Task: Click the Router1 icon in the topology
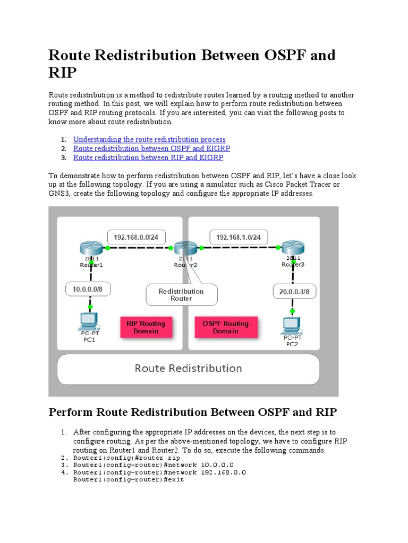pyautogui.click(x=91, y=248)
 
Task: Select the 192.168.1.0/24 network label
pyautogui.click(x=239, y=237)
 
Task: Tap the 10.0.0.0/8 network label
pyautogui.click(x=91, y=290)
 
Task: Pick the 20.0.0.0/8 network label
pyautogui.click(x=294, y=291)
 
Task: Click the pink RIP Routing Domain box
pyautogui.click(x=146, y=327)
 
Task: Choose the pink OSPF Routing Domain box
pyautogui.click(x=225, y=327)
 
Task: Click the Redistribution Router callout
pyautogui.click(x=182, y=295)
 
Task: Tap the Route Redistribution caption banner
pyautogui.click(x=188, y=369)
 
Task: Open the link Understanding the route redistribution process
pyautogui.click(x=149, y=139)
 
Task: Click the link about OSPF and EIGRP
pyautogui.click(x=151, y=148)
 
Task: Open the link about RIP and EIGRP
pyautogui.click(x=148, y=157)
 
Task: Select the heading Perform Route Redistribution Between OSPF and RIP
pyautogui.click(x=192, y=412)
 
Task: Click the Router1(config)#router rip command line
pyautogui.click(x=126, y=457)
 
